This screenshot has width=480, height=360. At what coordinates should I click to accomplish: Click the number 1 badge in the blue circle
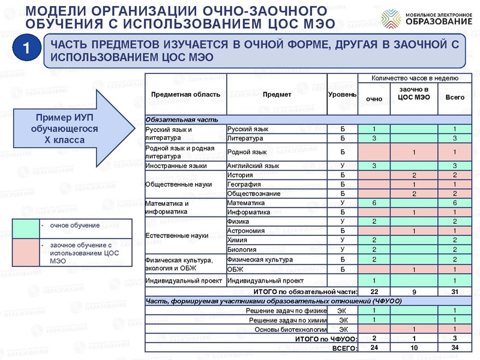24,50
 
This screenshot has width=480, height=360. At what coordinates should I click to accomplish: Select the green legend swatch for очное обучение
25,229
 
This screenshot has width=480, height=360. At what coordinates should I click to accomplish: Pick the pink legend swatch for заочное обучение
25,253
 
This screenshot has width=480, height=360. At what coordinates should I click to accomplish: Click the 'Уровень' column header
342,95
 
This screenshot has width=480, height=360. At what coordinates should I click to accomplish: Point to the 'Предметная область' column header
185,95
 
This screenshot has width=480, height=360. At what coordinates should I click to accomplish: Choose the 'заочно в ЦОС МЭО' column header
414,93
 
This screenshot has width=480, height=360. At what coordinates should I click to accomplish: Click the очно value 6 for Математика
374,203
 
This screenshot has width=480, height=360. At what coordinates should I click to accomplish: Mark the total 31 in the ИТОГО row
455,291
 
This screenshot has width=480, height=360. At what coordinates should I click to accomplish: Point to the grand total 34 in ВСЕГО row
455,347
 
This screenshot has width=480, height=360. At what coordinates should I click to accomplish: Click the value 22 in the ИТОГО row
374,291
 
